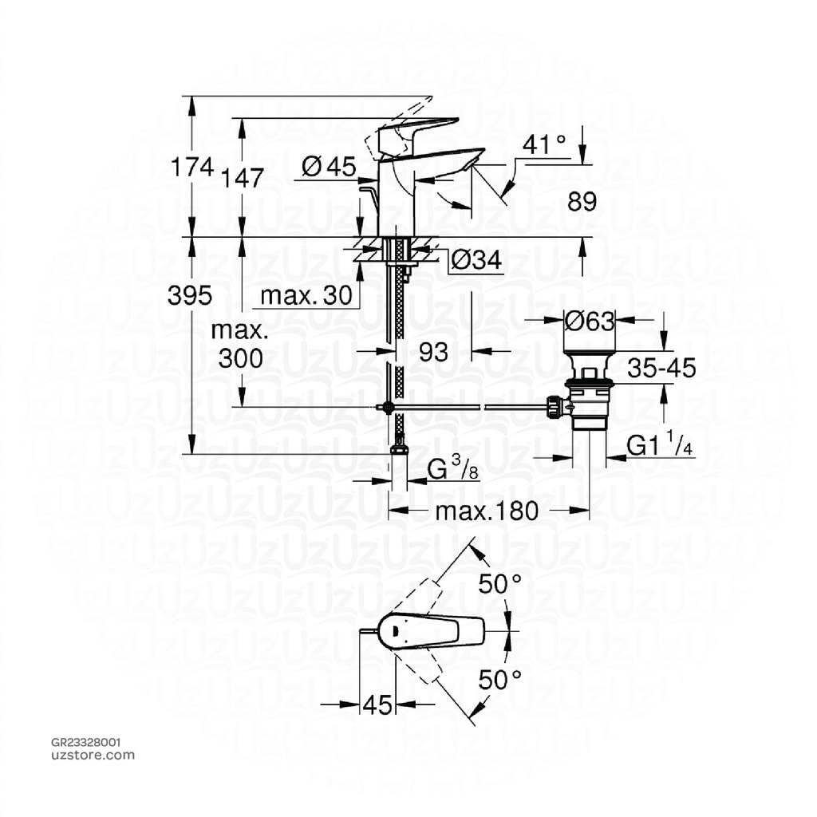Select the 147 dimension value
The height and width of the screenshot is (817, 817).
point(243,178)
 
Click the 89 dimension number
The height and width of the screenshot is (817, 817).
point(582,202)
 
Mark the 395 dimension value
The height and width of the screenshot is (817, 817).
point(190,296)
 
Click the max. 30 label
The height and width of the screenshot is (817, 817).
point(306,296)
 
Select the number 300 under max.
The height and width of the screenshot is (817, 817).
point(240,358)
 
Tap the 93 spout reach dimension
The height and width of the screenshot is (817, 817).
point(434,352)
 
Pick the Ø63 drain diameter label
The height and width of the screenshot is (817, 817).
point(590,322)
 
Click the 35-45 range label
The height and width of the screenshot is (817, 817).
point(661,368)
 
